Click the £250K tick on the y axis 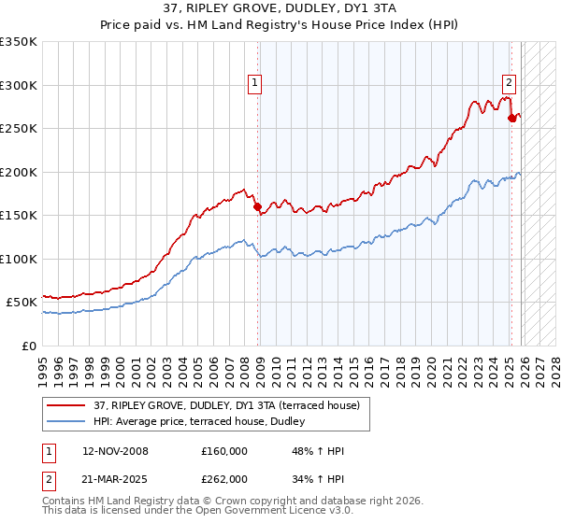pos(20,128)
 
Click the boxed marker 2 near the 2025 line pos(510,81)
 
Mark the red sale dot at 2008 pos(258,207)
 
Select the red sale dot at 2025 pos(512,119)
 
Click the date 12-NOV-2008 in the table pos(115,450)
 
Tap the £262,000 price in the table pos(224,478)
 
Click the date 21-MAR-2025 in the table pos(115,478)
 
